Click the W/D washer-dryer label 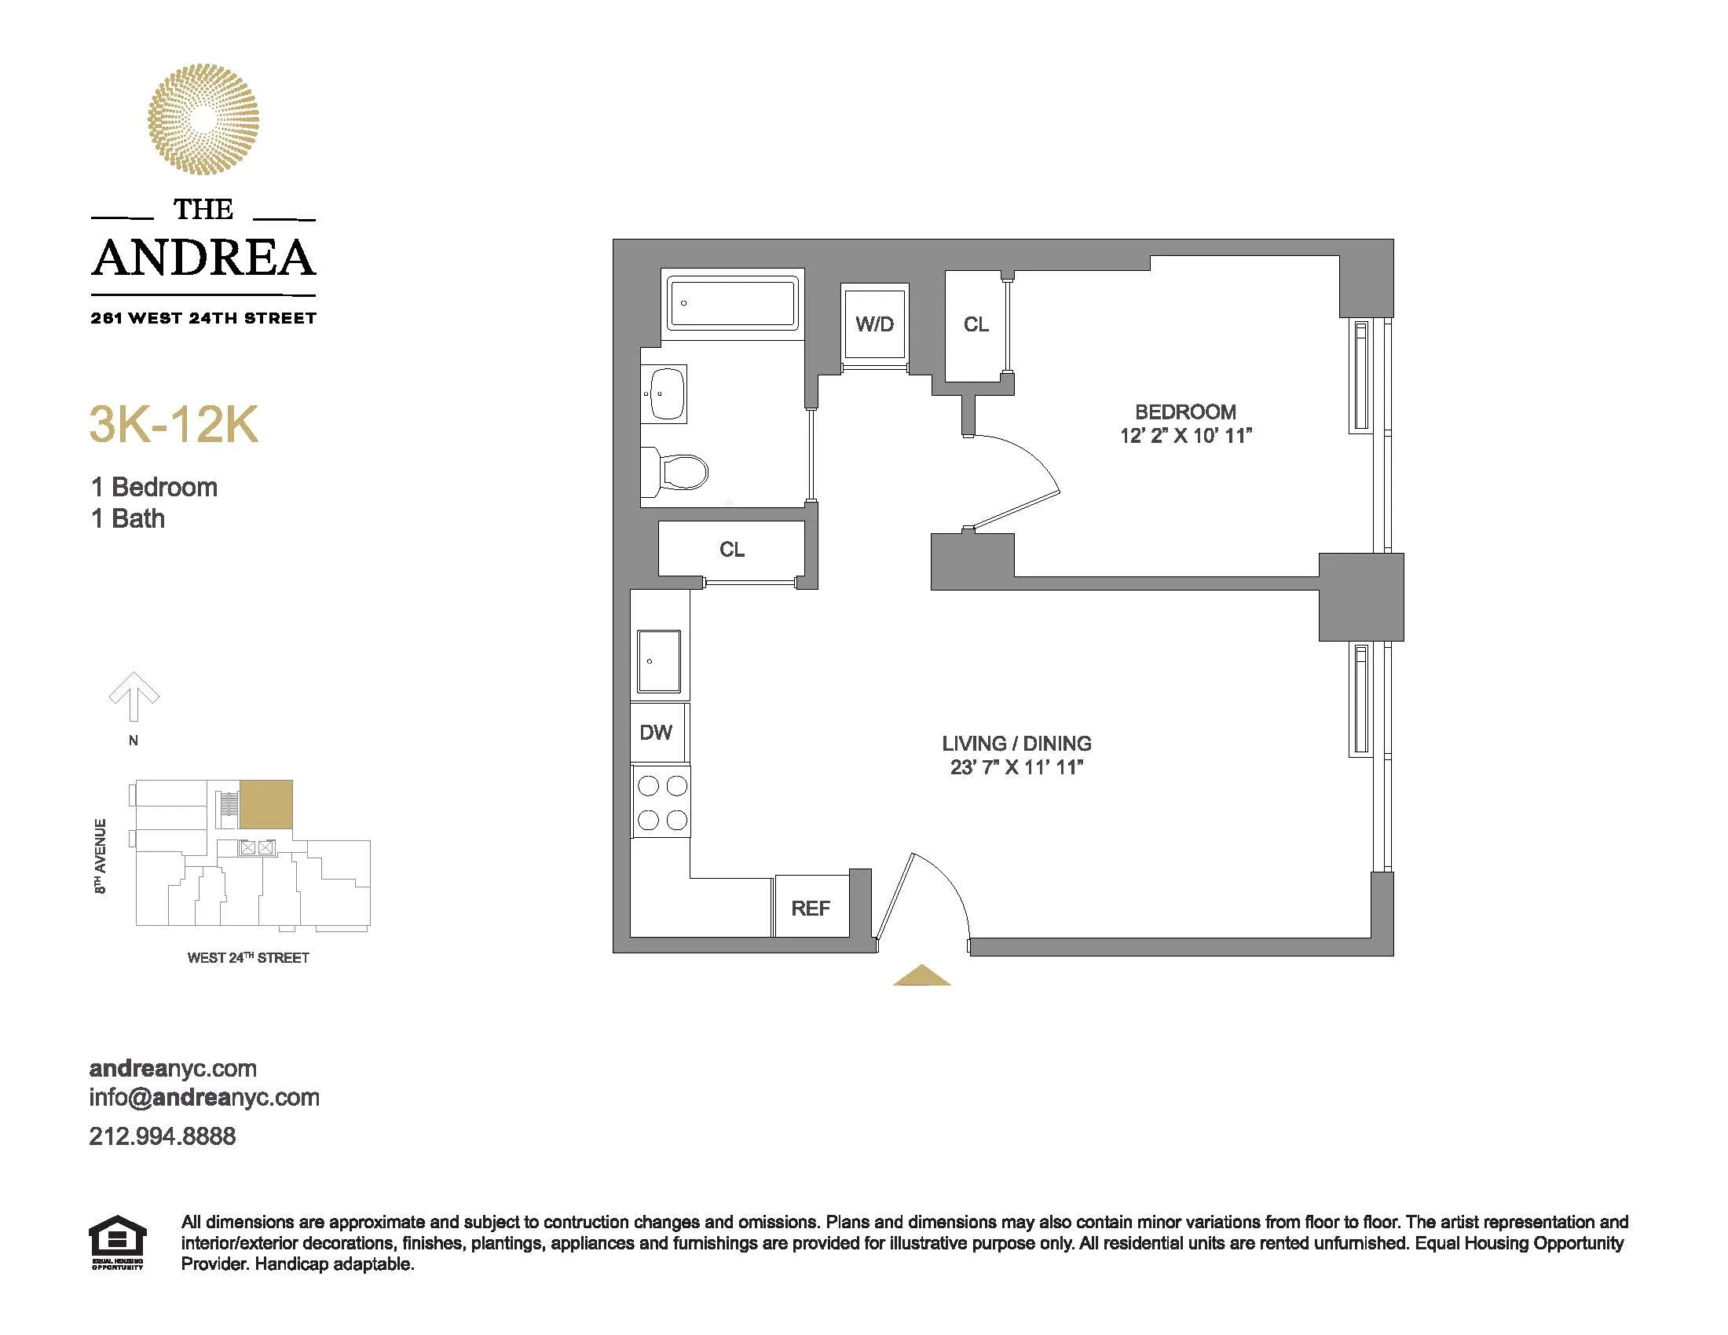point(874,324)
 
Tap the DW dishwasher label point(656,733)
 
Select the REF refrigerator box point(811,908)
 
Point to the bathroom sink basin point(666,393)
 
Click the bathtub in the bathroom point(732,302)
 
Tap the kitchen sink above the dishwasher point(658,661)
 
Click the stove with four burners point(662,802)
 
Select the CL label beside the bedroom point(976,324)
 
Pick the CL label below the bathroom point(732,550)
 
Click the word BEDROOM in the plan point(1185,412)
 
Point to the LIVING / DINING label point(1016,744)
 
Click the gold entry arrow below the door point(922,976)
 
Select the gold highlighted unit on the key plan point(265,804)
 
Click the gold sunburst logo point(203,119)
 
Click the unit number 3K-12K point(174,425)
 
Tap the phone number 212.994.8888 point(163,1136)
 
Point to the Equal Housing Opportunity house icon point(117,1242)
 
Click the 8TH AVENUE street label point(101,857)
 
